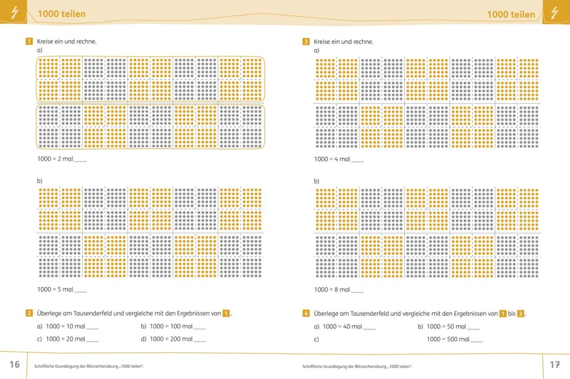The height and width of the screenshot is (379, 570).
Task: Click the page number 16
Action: click(14, 364)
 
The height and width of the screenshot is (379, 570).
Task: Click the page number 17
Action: click(554, 364)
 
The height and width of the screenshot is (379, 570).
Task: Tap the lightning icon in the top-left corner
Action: click(14, 14)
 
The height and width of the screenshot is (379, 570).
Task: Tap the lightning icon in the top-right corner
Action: click(555, 13)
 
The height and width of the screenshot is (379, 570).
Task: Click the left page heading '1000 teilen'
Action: click(61, 14)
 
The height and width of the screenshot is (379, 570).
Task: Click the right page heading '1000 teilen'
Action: click(510, 14)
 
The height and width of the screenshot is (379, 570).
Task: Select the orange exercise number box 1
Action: click(29, 41)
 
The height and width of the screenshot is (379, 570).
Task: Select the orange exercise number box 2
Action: click(29, 314)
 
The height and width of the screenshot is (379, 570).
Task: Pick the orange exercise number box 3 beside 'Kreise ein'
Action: click(306, 41)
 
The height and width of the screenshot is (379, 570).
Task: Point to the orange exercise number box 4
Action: click(306, 314)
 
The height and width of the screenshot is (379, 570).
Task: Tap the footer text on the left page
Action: click(88, 366)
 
